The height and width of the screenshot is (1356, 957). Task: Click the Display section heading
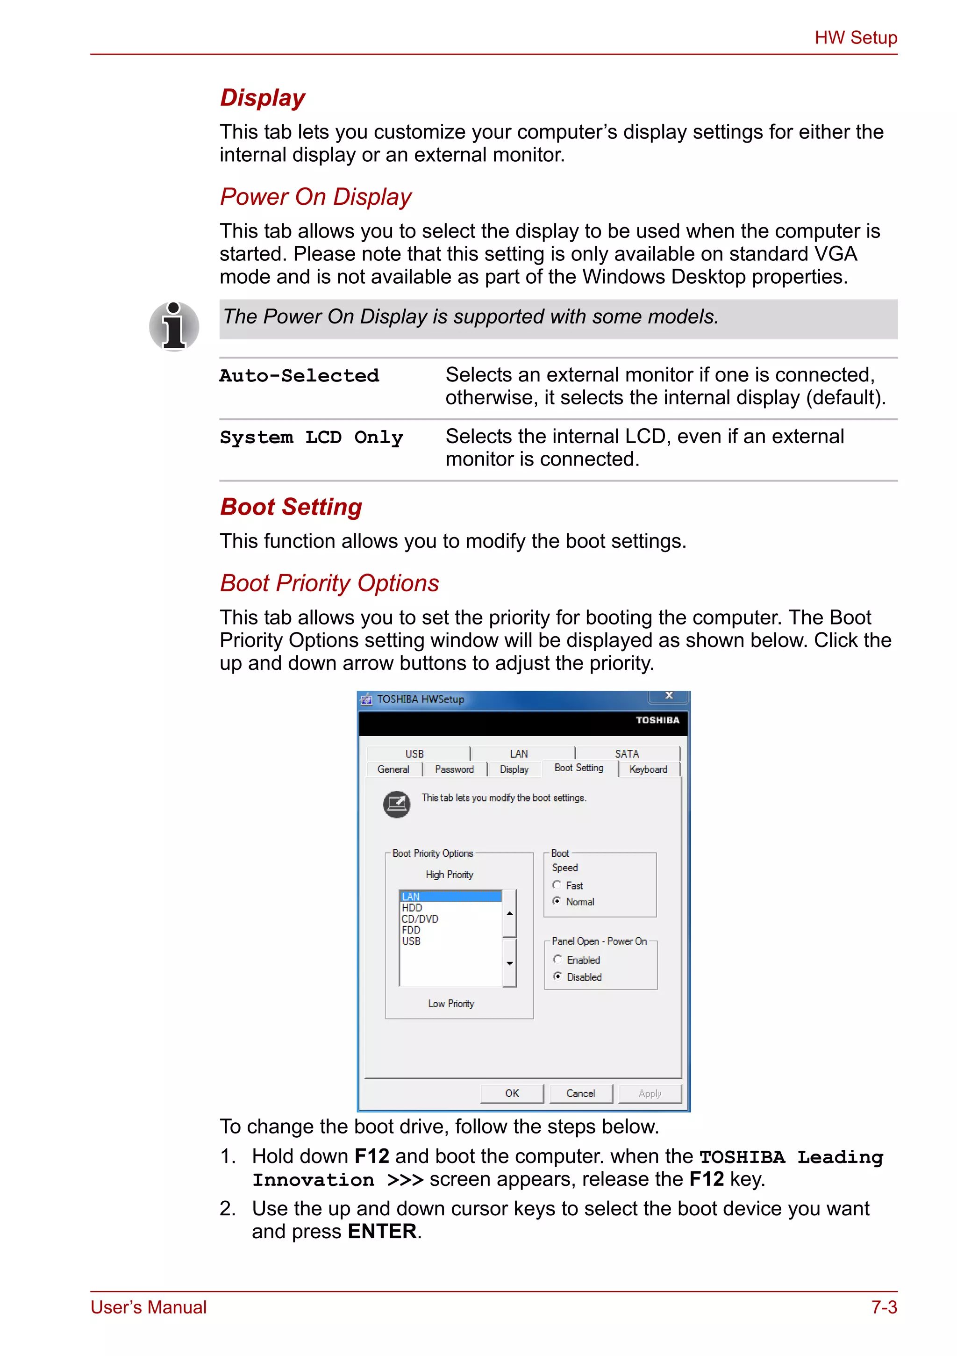click(263, 98)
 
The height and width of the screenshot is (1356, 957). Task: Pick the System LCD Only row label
click(311, 438)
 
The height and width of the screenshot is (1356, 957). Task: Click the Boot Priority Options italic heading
click(329, 583)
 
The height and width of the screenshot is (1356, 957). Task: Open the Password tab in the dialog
click(454, 769)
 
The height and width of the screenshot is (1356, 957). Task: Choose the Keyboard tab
click(648, 769)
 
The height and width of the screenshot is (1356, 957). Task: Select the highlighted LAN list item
click(450, 897)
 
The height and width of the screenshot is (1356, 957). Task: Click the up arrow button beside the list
click(509, 914)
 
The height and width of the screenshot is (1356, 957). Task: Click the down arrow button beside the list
click(509, 963)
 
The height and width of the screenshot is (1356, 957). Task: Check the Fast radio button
click(557, 885)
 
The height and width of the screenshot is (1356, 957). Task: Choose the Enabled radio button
click(557, 959)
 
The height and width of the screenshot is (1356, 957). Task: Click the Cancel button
click(580, 1093)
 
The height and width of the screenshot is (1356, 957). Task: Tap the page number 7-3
click(884, 1307)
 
